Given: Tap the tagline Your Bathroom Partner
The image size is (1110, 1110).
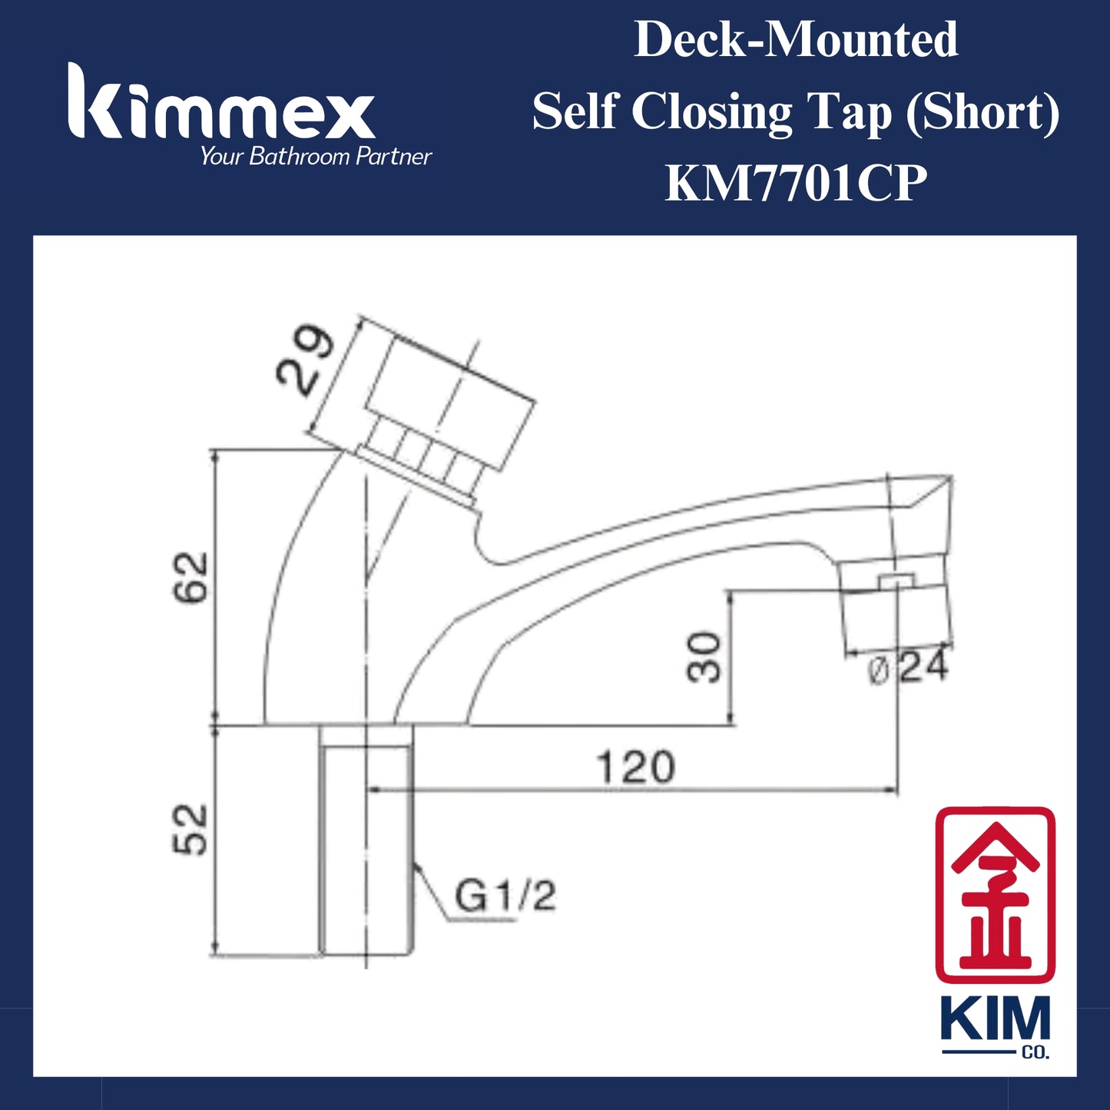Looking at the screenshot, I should pos(316,157).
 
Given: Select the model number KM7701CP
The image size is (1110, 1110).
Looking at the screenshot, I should pos(796,184).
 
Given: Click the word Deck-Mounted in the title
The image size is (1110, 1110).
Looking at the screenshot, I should pos(796,40).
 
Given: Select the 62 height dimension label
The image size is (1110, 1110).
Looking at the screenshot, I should pos(190,576).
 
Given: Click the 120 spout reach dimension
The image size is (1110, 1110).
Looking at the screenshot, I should pos(636,767).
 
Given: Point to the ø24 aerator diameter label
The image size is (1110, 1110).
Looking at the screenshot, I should pos(908,668).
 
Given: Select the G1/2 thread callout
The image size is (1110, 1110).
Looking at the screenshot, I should pos(505,896).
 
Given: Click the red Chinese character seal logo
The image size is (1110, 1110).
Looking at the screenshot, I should pos(995,893).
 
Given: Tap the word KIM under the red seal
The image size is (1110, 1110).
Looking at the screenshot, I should pos(995,1019).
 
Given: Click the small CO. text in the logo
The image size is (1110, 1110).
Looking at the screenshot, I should pos(1035,1052).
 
